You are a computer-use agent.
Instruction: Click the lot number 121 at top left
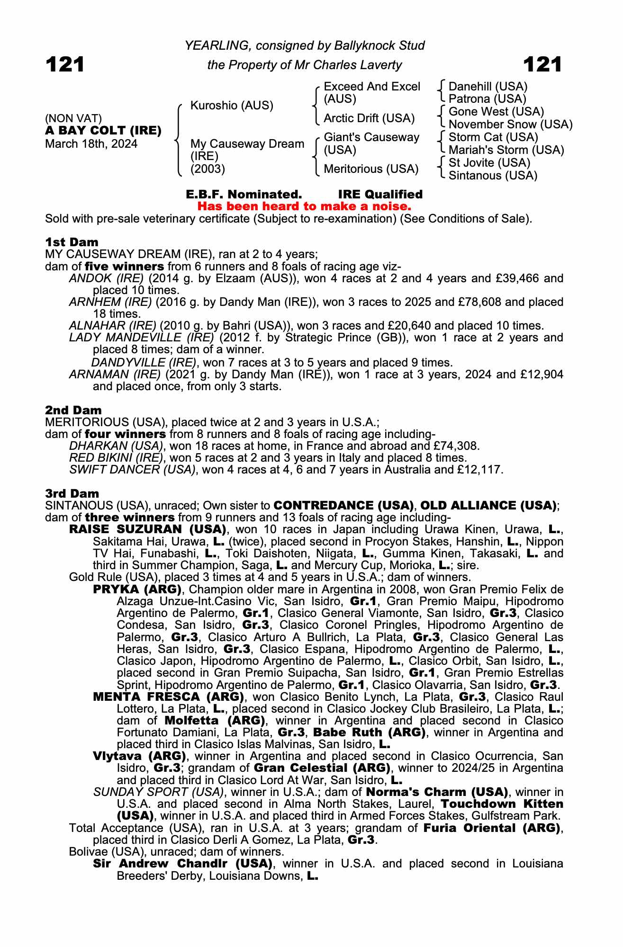65,64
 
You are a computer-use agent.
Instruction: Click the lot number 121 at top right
542,64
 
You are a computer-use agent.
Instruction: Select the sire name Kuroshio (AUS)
232,105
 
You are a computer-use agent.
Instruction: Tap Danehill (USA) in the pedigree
488,87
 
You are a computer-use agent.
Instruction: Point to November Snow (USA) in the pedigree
510,125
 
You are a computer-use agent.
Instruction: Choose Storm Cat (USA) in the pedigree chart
493,137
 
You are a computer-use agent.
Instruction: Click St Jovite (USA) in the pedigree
489,163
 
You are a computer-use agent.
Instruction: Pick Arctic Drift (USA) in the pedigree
369,118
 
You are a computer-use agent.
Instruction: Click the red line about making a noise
304,206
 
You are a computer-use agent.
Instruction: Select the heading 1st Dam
72,242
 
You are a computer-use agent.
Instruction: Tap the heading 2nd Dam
73,410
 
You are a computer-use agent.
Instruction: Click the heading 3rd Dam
72,493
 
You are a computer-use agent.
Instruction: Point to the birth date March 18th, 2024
91,144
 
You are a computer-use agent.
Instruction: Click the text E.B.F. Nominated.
244,194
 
